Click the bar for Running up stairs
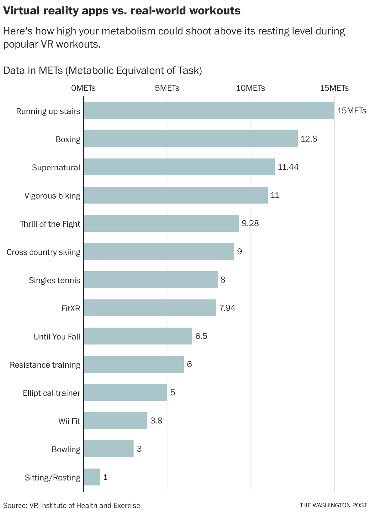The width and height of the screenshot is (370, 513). tap(209, 111)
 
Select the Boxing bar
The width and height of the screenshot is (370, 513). tap(190, 139)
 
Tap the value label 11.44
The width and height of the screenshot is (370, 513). tap(288, 167)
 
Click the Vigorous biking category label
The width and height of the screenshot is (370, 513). tap(52, 196)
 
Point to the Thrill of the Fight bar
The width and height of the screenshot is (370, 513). tap(161, 223)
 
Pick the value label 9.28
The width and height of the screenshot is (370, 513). tap(250, 223)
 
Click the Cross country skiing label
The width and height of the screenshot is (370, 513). tap(43, 252)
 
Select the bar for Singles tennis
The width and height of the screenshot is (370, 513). tap(151, 280)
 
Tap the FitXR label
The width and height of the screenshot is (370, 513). tap(71, 308)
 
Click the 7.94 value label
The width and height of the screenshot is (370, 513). tap(227, 308)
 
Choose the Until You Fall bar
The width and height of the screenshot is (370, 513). tap(138, 336)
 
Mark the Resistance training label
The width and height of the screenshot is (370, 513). tap(45, 365)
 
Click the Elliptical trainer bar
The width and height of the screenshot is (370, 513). tap(125, 392)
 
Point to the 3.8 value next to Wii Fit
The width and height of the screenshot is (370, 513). tap(156, 421)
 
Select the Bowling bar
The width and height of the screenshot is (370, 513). tap(108, 449)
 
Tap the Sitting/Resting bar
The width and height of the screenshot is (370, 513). tap(92, 477)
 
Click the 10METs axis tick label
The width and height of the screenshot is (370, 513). tap(250, 88)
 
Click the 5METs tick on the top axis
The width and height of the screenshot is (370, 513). tap(167, 88)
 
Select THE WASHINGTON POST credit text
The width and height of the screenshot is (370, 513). tap(333, 505)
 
